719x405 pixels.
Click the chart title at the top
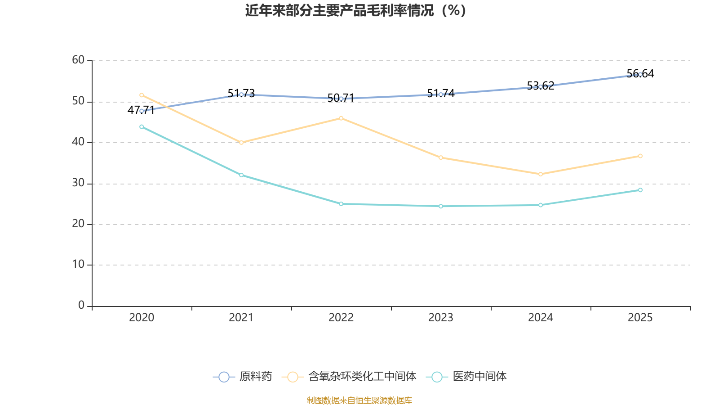(355, 10)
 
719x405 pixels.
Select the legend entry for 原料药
(243, 377)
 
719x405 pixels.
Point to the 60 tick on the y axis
(78, 60)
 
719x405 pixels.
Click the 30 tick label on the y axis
(78, 183)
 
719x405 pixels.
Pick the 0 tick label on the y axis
(81, 306)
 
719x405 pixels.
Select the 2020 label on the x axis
(142, 318)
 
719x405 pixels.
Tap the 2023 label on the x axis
(441, 318)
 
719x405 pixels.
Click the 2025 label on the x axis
(640, 318)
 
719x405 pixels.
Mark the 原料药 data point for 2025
(640, 74)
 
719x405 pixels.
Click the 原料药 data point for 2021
(241, 94)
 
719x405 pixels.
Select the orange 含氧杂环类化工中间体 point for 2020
(142, 95)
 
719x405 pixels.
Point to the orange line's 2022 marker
(341, 118)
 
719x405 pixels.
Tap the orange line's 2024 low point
(541, 174)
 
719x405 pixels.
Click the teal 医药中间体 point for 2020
(142, 127)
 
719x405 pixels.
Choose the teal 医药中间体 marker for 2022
(341, 204)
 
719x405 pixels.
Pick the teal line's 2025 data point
(640, 190)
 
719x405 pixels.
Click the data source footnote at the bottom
(359, 400)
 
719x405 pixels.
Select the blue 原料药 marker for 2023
(441, 94)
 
